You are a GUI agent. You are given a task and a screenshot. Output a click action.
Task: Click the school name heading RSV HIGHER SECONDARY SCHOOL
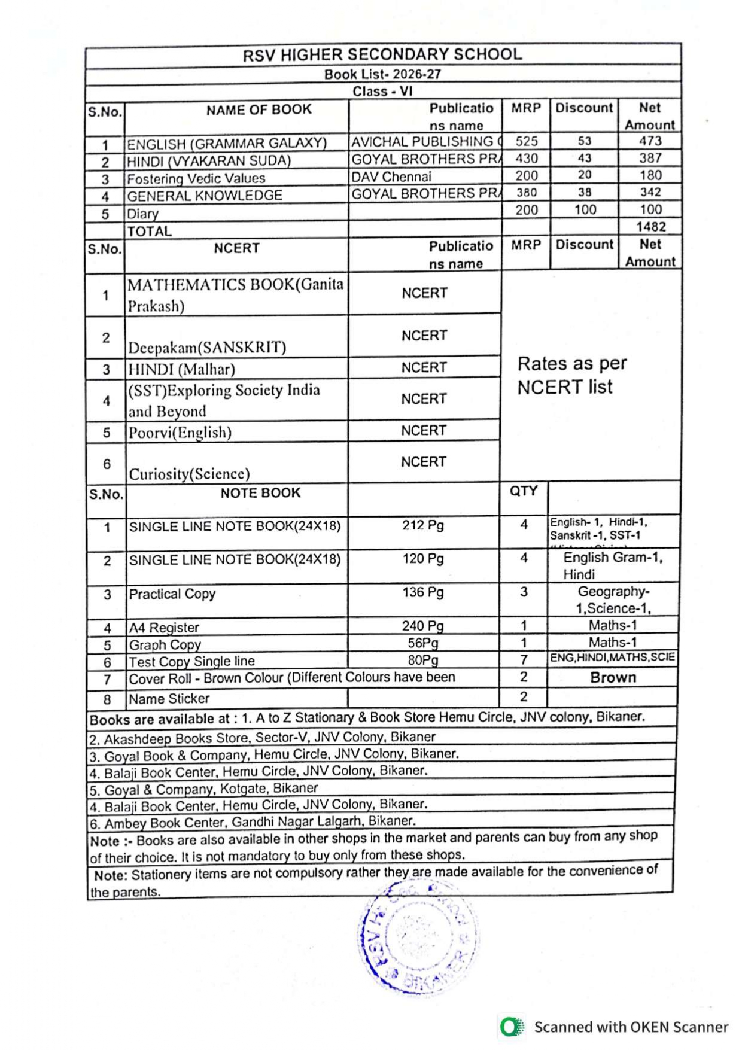point(382,55)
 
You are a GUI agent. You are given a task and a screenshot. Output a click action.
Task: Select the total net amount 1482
point(650,227)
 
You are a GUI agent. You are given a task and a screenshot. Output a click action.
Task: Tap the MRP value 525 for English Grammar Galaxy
point(527,141)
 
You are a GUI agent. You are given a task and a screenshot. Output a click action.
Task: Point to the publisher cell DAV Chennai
point(391,177)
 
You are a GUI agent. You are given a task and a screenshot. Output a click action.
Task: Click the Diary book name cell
point(143,214)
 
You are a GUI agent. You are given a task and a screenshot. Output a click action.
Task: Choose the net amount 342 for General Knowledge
point(650,192)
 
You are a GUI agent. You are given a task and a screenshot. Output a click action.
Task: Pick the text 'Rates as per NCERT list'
point(571,375)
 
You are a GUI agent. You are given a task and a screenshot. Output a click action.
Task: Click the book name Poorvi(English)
point(180,432)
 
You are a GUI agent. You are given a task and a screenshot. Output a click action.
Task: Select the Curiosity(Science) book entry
point(189,474)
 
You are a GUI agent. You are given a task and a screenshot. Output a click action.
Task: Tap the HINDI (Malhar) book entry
point(182,369)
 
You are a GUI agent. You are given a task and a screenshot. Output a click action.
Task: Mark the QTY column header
point(524,491)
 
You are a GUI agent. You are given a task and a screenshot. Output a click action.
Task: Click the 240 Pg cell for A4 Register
point(422,626)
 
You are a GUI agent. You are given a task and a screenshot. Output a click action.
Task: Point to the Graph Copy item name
point(165,645)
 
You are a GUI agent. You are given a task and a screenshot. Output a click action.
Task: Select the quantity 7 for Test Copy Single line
point(524,659)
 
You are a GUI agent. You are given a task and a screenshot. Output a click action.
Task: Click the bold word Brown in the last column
point(613,677)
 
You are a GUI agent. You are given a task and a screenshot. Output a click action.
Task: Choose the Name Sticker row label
point(169,698)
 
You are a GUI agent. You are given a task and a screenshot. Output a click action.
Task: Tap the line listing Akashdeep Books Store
point(263,737)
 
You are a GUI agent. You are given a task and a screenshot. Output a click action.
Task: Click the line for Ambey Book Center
point(253,822)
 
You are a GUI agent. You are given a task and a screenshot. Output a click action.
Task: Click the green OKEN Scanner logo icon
point(512,1027)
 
